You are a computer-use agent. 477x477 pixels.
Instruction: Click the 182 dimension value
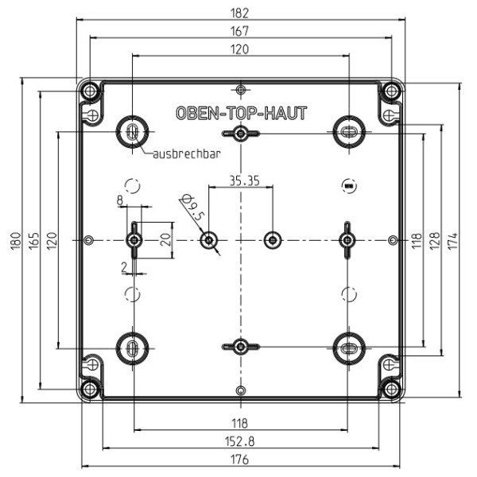(240, 14)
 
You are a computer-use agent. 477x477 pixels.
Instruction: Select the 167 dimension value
(240, 31)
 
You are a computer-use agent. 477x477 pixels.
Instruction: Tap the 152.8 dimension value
(240, 441)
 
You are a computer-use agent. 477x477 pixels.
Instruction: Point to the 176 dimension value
(240, 460)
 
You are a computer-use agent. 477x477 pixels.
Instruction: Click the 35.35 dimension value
(244, 181)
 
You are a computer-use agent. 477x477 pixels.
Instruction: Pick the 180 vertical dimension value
(16, 241)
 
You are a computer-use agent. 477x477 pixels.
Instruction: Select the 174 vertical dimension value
(453, 241)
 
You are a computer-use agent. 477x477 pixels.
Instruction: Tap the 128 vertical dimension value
(435, 241)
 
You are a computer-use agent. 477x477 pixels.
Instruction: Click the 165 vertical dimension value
(34, 241)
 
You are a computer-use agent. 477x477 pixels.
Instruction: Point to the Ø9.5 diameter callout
(192, 207)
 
